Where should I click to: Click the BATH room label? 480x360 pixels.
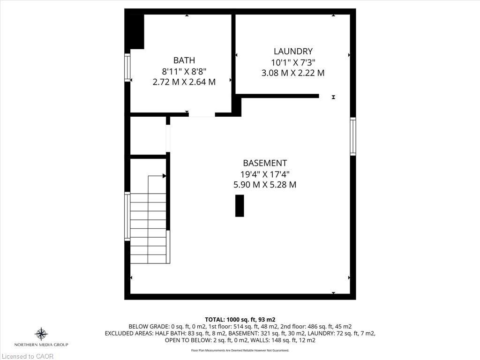click(x=184, y=60)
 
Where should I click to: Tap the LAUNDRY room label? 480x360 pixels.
click(x=293, y=51)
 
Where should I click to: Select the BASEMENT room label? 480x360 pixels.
click(x=264, y=163)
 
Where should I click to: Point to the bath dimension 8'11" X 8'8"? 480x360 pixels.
click(x=184, y=71)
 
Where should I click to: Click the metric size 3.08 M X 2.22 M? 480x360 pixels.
click(x=293, y=73)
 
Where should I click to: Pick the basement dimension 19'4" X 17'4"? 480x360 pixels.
click(x=264, y=174)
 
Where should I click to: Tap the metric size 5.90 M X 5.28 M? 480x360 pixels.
click(x=264, y=185)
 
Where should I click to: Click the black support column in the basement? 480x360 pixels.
click(x=240, y=206)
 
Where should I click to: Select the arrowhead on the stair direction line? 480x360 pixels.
click(x=164, y=176)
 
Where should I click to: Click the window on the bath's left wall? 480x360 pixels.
click(x=127, y=68)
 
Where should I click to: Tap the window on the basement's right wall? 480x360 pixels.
click(x=353, y=136)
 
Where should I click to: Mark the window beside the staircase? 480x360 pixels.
click(x=127, y=217)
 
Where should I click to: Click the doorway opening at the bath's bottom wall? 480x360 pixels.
click(x=202, y=114)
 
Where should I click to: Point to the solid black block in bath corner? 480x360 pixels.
click(x=136, y=31)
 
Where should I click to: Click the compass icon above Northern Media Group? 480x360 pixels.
click(x=41, y=334)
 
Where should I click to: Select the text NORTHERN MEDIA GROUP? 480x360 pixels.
click(x=41, y=345)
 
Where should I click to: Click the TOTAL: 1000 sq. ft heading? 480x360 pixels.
click(x=240, y=319)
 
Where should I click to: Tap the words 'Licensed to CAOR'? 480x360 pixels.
click(x=27, y=356)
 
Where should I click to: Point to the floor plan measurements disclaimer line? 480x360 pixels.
click(x=240, y=350)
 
